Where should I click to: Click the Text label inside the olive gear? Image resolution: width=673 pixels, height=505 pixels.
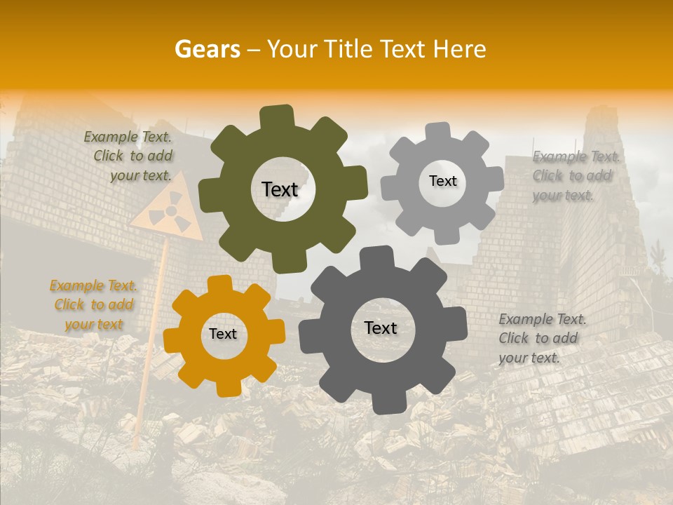pyautogui.click(x=280, y=189)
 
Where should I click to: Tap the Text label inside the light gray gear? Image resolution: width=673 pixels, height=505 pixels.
pyautogui.click(x=442, y=181)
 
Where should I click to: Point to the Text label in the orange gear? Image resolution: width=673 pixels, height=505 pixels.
pyautogui.click(x=223, y=335)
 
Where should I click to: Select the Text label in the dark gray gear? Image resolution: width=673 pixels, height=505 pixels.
pyautogui.click(x=381, y=328)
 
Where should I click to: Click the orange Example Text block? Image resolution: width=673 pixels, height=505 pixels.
pyautogui.click(x=94, y=305)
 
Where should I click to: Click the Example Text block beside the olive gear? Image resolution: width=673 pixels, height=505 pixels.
pyautogui.click(x=129, y=156)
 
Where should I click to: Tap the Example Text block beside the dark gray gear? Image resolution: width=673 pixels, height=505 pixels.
pyautogui.click(x=541, y=338)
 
